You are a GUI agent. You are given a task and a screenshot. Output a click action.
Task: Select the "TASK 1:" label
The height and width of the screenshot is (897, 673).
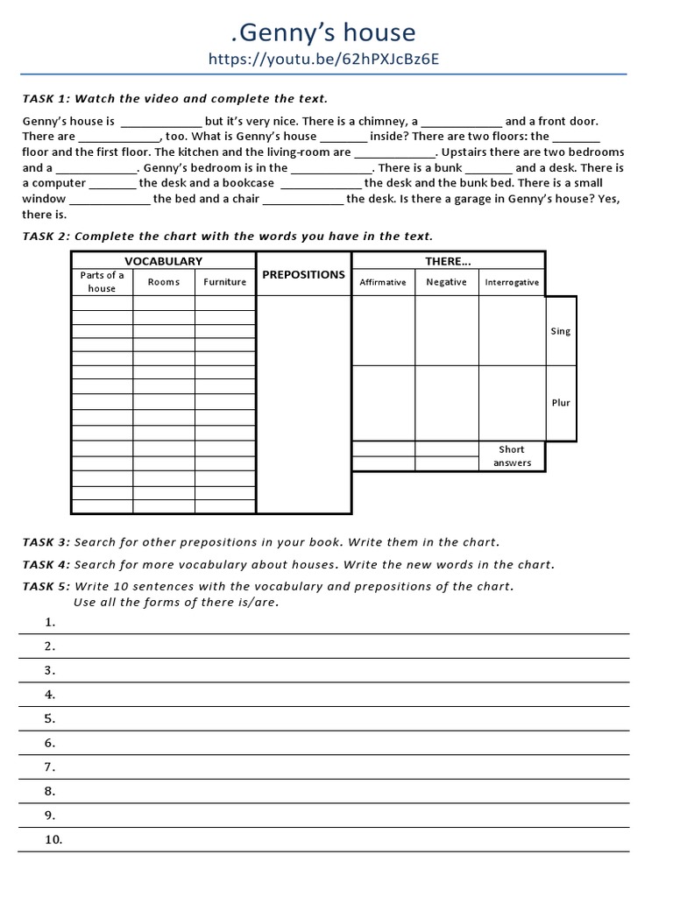[46, 98]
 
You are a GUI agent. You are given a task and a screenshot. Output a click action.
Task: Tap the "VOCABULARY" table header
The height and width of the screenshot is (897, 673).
[163, 260]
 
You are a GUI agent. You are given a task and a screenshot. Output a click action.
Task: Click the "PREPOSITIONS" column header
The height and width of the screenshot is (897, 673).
[303, 274]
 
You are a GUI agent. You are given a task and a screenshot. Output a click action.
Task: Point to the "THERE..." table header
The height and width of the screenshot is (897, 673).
[448, 260]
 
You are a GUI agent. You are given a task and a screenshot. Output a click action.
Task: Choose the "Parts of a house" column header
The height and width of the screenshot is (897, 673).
[102, 281]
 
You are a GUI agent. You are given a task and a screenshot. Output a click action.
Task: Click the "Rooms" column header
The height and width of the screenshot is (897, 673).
[164, 282]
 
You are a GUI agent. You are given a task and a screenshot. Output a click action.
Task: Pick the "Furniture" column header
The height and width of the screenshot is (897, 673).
[225, 282]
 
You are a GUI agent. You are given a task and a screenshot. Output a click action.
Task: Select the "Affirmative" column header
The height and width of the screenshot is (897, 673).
[383, 282]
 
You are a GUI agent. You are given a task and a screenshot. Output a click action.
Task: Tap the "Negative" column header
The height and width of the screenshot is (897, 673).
[446, 282]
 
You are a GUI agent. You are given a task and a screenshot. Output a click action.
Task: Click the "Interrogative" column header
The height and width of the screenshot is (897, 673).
[512, 282]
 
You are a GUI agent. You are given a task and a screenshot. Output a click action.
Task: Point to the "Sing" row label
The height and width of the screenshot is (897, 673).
[560, 331]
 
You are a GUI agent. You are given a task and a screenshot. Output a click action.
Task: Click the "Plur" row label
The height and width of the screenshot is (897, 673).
[561, 403]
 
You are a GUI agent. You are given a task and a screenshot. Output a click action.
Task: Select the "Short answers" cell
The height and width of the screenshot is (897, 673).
[512, 456]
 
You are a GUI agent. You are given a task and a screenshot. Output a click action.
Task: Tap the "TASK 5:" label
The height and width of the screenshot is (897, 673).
[46, 586]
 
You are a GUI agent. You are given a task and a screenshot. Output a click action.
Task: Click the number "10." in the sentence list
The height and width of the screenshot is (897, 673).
[53, 839]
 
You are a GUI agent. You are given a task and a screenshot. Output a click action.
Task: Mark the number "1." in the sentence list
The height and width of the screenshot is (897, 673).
[50, 622]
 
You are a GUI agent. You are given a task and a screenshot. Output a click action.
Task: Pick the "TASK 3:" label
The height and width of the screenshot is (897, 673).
[46, 542]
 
